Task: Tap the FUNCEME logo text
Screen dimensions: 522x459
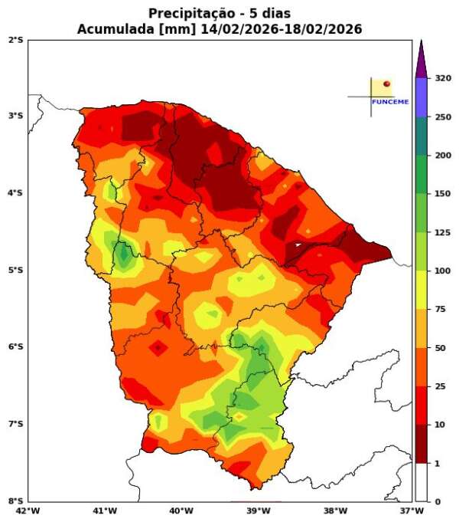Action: [x=389, y=102]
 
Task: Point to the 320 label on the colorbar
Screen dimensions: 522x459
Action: [x=442, y=78]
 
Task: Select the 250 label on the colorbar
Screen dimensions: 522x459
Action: [x=442, y=117]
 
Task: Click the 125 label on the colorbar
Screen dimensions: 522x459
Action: [x=442, y=232]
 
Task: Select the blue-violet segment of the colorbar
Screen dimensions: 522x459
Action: [x=420, y=97]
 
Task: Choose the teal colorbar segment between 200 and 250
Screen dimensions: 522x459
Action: [x=420, y=136]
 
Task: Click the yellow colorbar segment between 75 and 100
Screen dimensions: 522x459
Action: [x=420, y=290]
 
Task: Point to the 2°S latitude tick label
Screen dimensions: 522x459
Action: [x=15, y=39]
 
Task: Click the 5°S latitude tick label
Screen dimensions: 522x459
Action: [x=15, y=270]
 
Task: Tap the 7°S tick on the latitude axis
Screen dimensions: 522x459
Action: [x=15, y=424]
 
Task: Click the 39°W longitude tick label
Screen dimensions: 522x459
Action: [x=259, y=511]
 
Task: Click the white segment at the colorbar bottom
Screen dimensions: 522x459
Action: [x=420, y=482]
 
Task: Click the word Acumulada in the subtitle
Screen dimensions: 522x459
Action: [x=112, y=29]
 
